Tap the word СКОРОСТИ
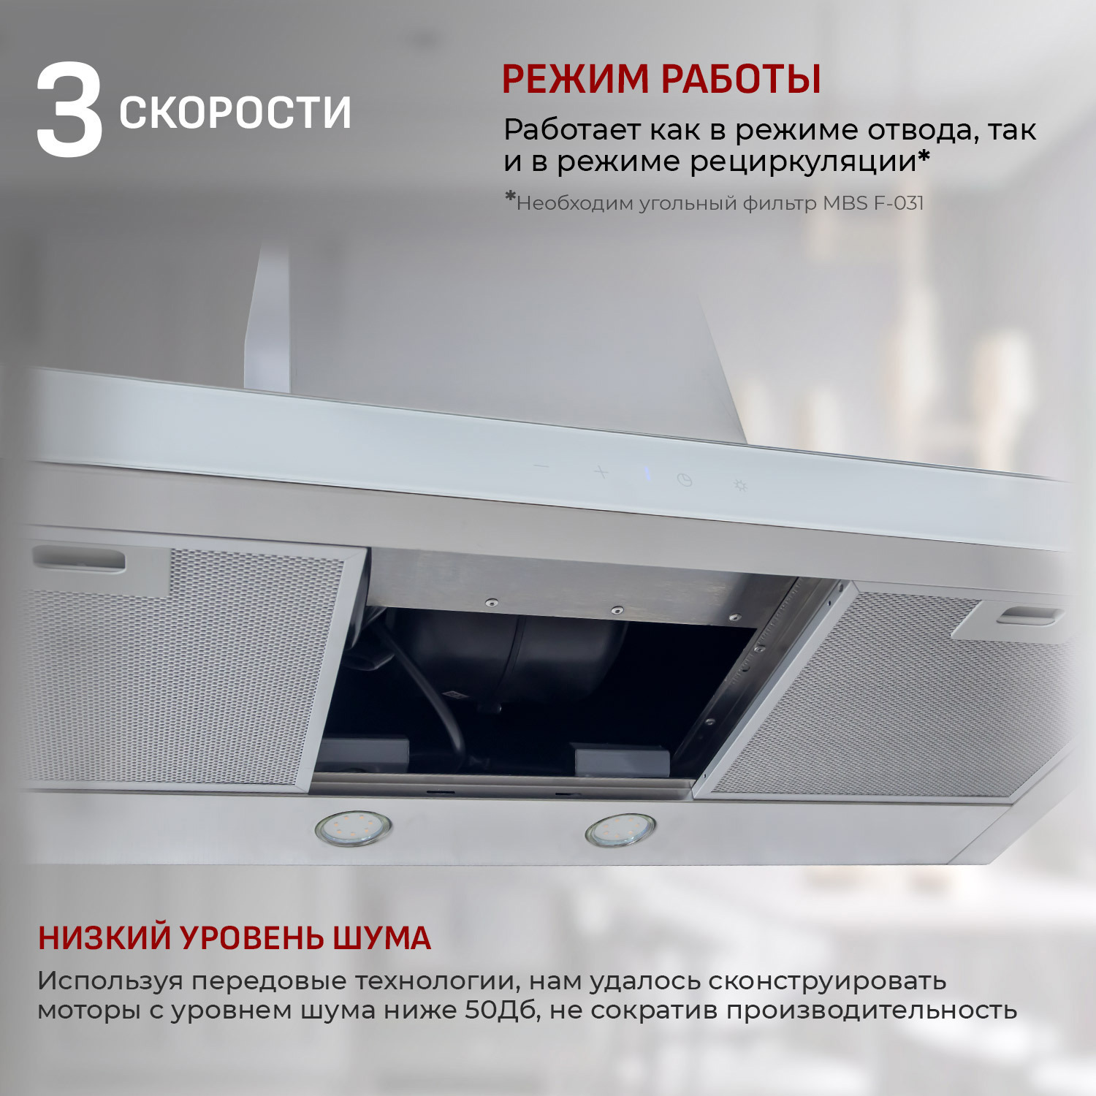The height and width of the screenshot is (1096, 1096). point(235,113)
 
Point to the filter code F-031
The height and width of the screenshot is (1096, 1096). point(898,203)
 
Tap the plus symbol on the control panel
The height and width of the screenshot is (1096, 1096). point(601,472)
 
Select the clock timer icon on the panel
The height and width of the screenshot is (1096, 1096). point(684,480)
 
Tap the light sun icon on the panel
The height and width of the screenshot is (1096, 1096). point(740,485)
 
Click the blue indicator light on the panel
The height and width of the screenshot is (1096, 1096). point(647,475)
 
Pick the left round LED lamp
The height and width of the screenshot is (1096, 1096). point(354,829)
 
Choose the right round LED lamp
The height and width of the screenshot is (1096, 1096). point(620,831)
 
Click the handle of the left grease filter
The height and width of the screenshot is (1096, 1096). point(79,560)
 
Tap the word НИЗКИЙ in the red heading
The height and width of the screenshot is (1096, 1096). point(104,938)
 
